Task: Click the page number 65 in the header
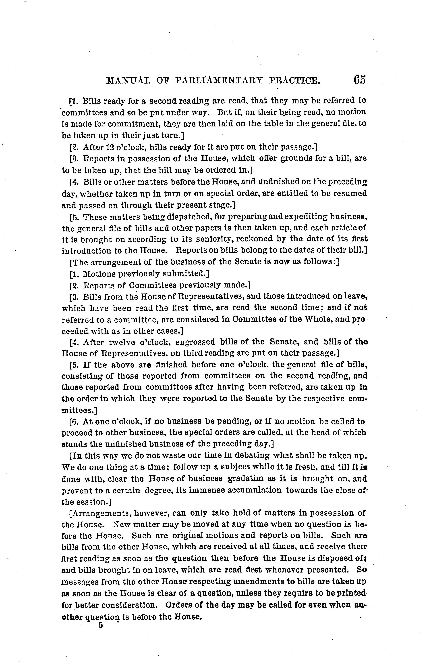[360, 80]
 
